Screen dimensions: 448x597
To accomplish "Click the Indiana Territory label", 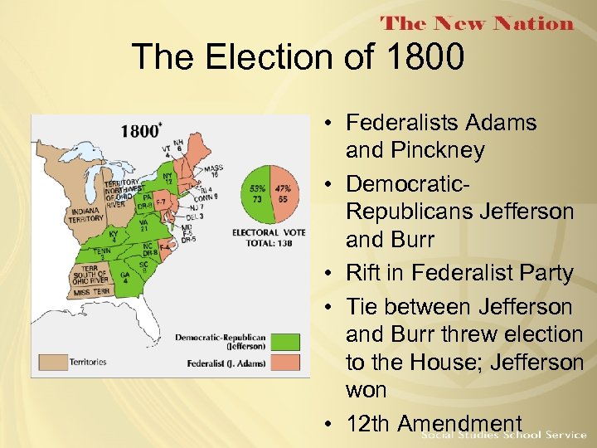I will click(85, 215).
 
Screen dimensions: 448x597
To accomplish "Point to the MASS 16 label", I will click(213, 172).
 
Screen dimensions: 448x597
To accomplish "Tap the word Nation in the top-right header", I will click(529, 23).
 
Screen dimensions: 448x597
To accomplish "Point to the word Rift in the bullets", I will click(365, 273).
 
